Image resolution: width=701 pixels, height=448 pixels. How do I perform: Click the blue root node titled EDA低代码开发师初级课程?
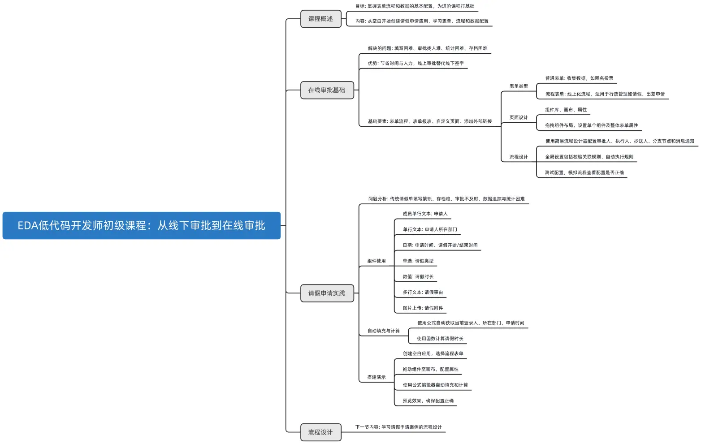141,225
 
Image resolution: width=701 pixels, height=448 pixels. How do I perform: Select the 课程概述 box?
320,19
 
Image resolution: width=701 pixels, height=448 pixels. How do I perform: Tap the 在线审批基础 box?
327,90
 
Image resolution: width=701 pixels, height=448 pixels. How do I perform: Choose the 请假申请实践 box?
327,293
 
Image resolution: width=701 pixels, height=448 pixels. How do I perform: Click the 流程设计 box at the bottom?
320,432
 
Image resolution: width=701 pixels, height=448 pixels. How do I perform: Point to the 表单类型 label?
519,86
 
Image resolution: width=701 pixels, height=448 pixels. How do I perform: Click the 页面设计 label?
519,117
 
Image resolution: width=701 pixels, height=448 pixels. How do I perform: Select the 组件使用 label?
376,261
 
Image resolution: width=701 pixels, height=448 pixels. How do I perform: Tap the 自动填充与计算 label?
384,331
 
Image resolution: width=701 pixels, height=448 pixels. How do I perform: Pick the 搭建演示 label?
376,377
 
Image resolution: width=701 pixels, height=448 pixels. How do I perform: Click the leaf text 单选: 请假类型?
418,261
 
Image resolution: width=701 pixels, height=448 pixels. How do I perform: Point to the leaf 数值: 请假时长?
418,276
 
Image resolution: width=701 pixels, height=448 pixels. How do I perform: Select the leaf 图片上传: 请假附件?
423,308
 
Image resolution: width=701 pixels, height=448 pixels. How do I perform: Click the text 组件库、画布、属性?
566,110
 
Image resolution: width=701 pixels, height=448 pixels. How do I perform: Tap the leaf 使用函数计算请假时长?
440,339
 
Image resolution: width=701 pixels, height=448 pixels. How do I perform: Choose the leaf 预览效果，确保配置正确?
428,401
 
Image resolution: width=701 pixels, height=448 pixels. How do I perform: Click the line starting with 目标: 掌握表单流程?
415,6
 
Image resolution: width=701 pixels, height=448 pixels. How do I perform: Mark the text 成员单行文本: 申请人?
425,214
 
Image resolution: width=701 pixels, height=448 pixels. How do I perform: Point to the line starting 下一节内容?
398,427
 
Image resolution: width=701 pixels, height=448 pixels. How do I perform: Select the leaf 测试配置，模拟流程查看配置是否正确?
584,172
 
